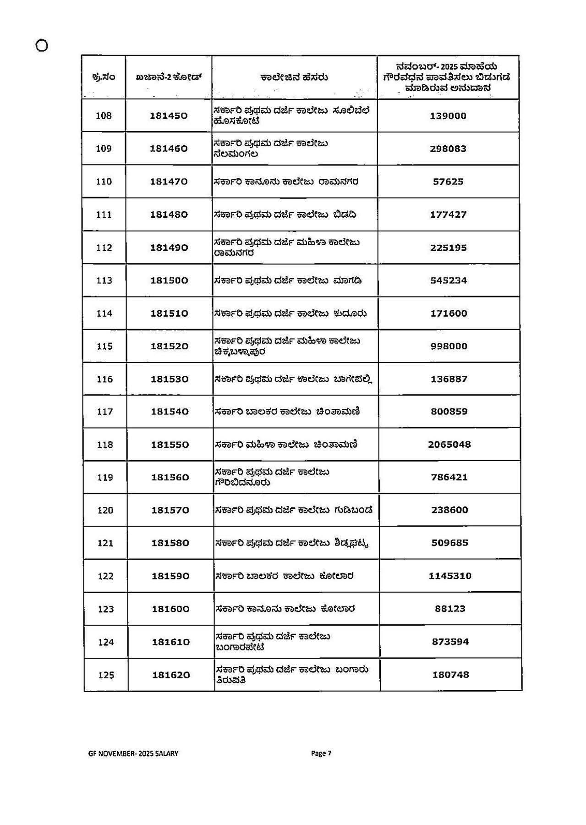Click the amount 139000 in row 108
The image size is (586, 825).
click(x=448, y=116)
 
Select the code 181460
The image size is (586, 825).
click(x=169, y=149)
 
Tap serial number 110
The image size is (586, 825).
click(x=104, y=181)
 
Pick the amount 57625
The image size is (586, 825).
click(x=448, y=182)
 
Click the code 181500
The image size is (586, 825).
click(x=169, y=280)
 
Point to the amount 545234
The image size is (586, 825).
click(x=449, y=280)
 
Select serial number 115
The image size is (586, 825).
click(x=104, y=346)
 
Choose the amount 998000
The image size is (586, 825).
click(x=449, y=346)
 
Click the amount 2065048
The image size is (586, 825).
click(x=449, y=445)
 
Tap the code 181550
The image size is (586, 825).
click(x=170, y=445)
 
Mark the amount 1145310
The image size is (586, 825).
click(x=450, y=576)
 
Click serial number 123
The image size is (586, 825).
click(x=106, y=609)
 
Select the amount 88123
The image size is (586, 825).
click(x=450, y=609)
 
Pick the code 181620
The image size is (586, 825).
click(x=171, y=675)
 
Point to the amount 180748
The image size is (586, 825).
click(x=450, y=675)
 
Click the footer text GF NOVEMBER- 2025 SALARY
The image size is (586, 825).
click(x=133, y=753)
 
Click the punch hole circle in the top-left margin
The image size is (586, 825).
click(x=41, y=46)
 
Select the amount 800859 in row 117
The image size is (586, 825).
click(x=449, y=412)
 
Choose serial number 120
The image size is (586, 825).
click(x=105, y=510)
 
